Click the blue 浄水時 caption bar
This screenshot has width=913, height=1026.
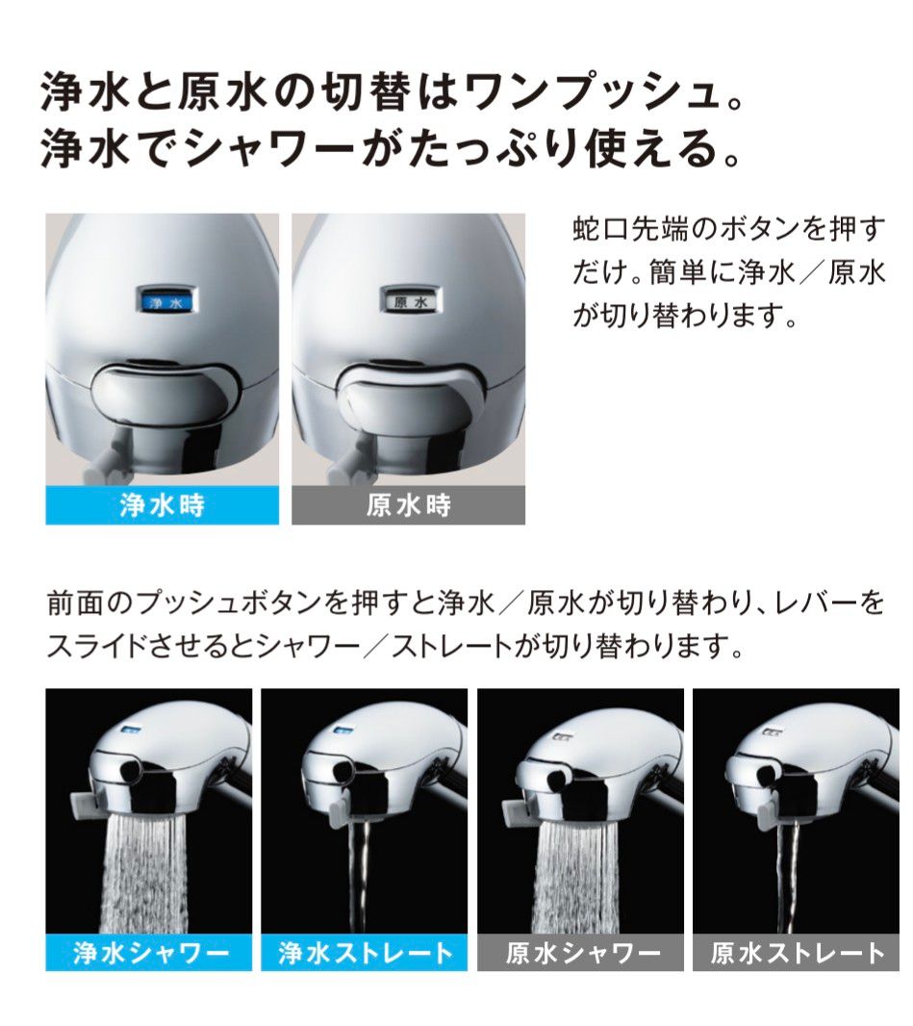162,505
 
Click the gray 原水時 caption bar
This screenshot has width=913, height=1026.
408,505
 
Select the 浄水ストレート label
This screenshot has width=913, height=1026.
365,953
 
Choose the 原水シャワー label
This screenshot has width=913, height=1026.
581,953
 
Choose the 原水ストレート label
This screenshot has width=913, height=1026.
798,953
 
